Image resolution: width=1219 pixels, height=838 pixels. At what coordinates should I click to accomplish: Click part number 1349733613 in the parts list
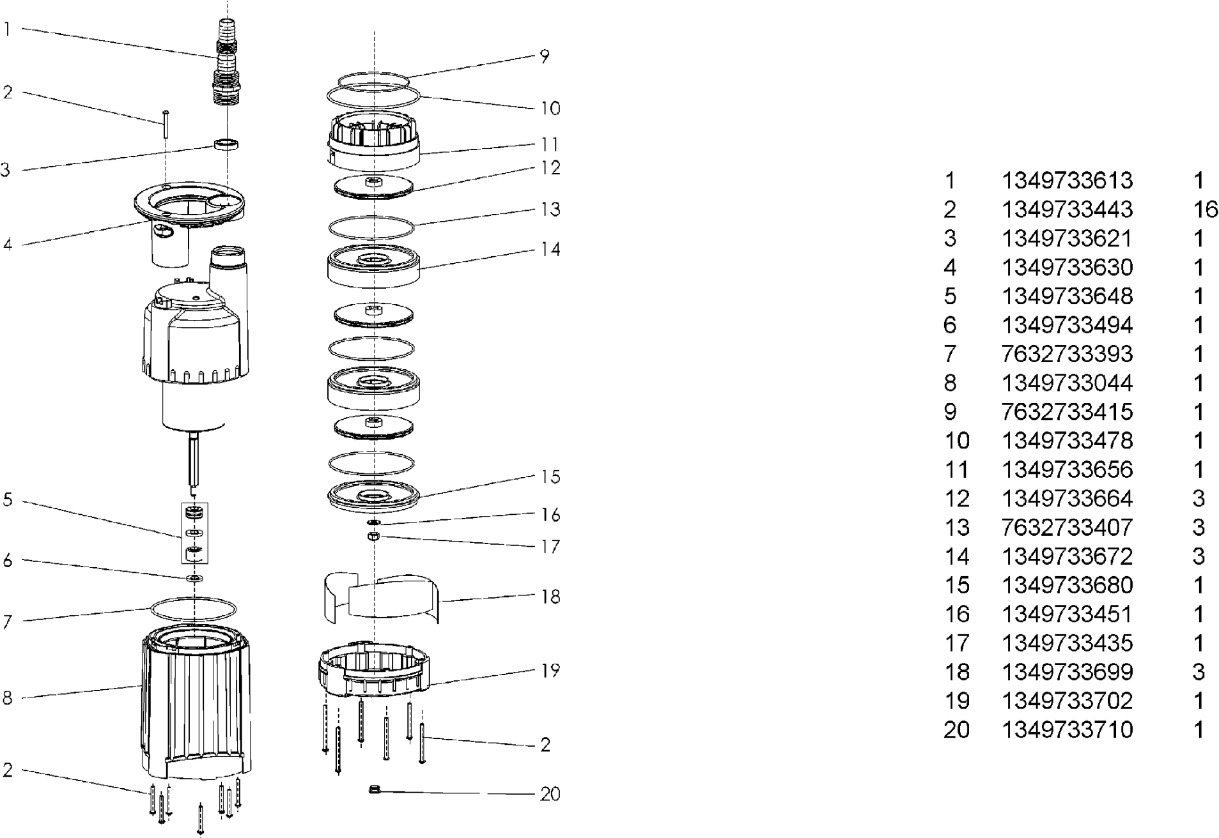[1066, 181]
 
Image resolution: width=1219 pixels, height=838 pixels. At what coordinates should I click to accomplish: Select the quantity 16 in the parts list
[1205, 209]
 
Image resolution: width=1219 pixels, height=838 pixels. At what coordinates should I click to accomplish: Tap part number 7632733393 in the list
[1066, 354]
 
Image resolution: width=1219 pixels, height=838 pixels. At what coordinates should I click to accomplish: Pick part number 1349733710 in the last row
[1066, 729]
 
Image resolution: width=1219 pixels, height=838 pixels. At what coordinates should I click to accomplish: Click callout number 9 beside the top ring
[544, 56]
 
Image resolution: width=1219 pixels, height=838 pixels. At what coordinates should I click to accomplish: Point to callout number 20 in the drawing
[550, 794]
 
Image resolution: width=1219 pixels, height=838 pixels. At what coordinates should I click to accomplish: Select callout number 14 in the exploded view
[550, 249]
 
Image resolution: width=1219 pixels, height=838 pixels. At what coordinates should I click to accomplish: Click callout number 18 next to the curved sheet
[550, 597]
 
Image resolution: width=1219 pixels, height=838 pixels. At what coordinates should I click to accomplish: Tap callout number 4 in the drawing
[8, 245]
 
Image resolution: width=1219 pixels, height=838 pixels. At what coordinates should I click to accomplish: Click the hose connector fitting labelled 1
[228, 64]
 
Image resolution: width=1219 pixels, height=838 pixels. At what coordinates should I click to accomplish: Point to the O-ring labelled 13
[371, 227]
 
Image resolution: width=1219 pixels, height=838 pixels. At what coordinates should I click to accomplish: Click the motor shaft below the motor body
[194, 460]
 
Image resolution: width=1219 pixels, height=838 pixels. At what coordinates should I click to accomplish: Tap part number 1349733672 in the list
[1066, 556]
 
